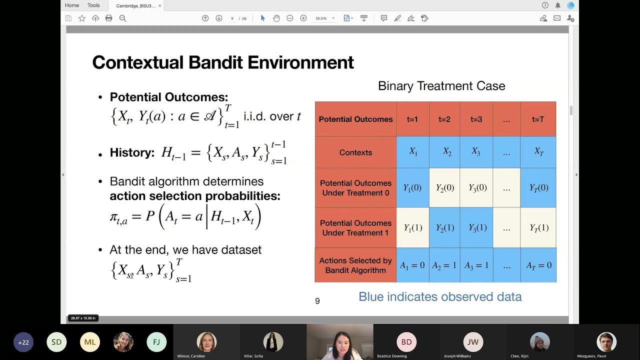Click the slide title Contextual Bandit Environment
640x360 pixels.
point(223,62)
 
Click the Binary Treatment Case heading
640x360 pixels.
point(441,86)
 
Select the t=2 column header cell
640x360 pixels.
point(444,119)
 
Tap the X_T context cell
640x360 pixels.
point(538,152)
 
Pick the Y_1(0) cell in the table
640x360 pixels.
point(412,188)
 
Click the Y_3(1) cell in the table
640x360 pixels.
point(476,227)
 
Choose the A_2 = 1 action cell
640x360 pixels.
point(444,265)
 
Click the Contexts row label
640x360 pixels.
point(355,152)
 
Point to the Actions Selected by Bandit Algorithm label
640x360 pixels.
point(355,265)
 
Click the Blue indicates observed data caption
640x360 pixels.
point(440,296)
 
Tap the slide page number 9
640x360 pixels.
point(317,301)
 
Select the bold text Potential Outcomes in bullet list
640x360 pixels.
point(168,97)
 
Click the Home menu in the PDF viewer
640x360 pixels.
point(72,5)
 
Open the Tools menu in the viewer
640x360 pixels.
point(93,5)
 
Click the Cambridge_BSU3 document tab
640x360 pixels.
point(135,6)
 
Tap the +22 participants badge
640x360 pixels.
point(23,342)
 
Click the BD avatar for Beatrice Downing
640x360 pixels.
point(406,342)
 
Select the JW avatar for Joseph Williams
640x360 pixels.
point(472,342)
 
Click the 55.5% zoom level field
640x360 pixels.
point(321,18)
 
